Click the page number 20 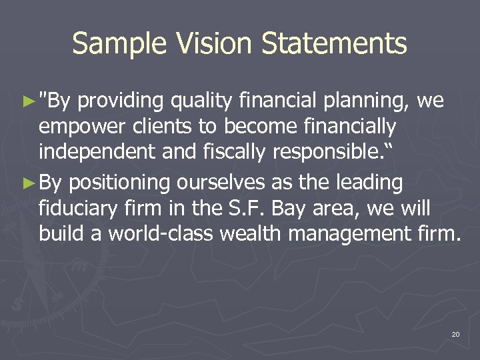pos(455,333)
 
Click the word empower pos(75,127)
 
